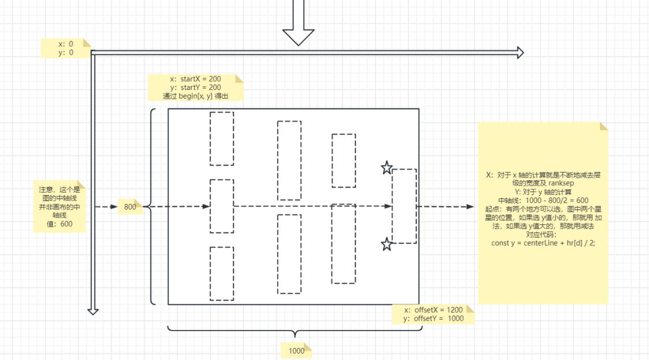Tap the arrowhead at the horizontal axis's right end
520,53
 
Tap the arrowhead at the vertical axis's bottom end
93,310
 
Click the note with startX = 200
195,88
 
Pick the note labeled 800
130,207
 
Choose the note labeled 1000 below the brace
296,350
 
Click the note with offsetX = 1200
433,314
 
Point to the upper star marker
387,168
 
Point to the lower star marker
387,245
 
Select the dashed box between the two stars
404,206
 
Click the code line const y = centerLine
542,243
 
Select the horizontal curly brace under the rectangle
294,331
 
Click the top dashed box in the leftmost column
222,138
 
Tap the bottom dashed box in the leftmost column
222,273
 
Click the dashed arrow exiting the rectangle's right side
444,207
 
